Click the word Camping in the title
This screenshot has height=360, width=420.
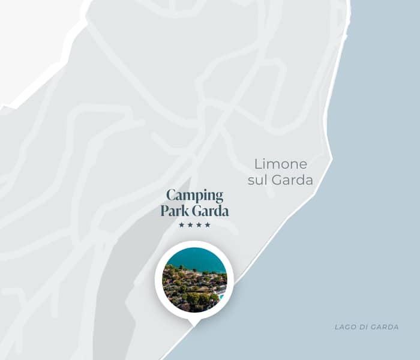pos(194,196)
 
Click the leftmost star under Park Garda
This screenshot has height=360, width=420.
pos(182,225)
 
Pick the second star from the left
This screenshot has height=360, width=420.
pos(190,225)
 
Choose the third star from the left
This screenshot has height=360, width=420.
pos(199,225)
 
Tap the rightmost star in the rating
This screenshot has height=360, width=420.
pos(208,225)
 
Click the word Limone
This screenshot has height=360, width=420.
pos(281,164)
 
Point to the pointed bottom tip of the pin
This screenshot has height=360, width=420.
pos(194,326)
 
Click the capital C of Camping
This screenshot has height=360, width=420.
pos(171,196)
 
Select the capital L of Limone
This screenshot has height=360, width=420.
pos(258,164)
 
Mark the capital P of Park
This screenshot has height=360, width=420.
pos(164,211)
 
